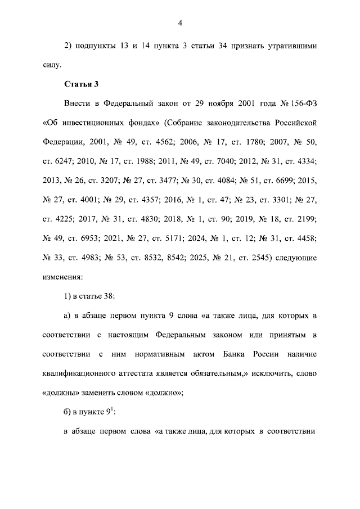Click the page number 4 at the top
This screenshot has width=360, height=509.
180,23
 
